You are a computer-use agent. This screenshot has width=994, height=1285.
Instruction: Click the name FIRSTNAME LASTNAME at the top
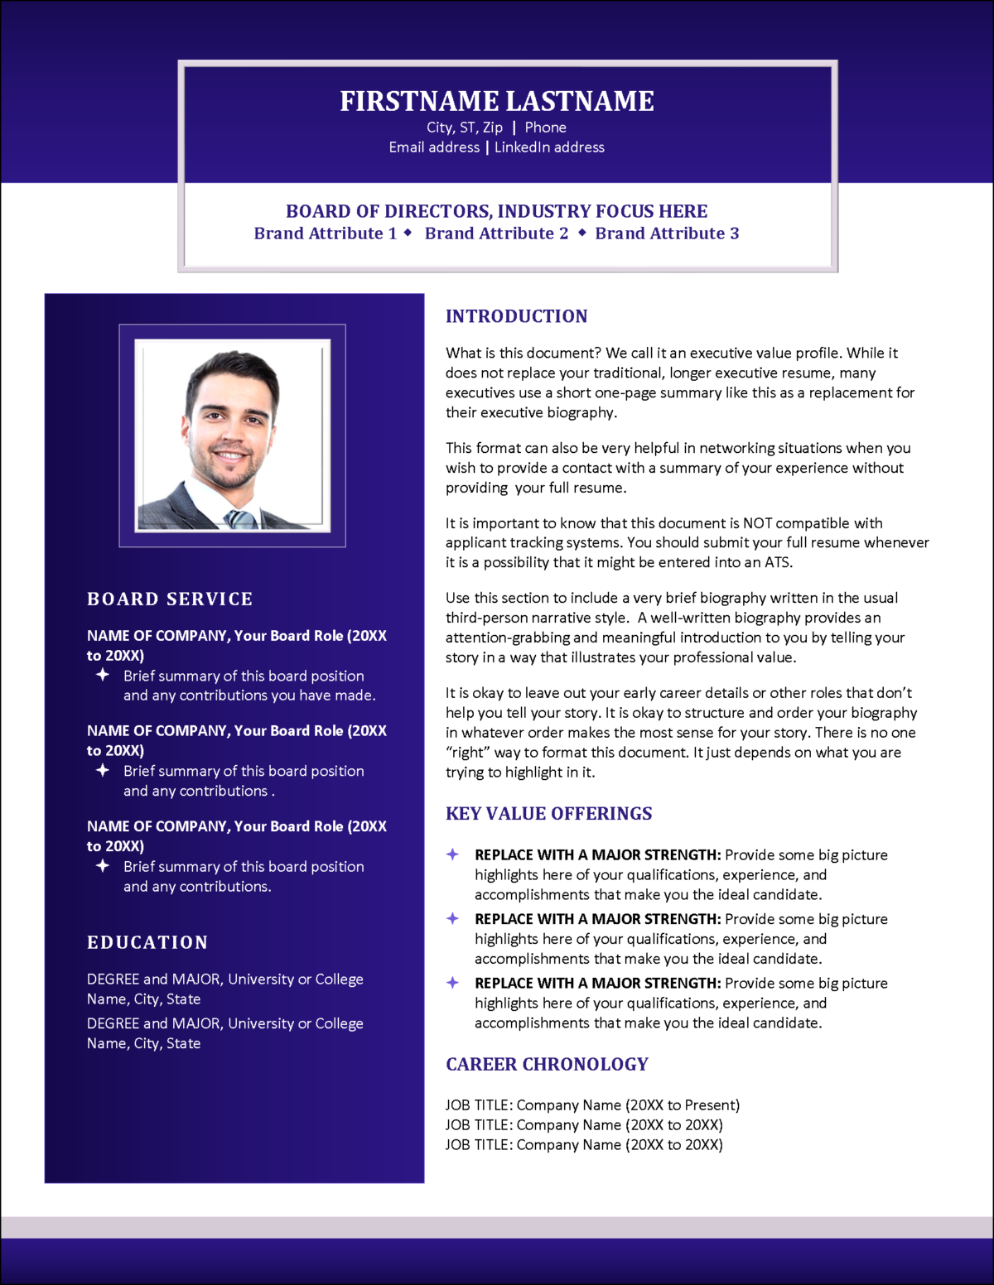point(497,101)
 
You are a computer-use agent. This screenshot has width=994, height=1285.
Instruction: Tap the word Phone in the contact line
point(545,128)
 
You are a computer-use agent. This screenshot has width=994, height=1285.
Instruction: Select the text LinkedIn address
point(549,147)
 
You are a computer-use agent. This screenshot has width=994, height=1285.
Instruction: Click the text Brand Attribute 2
point(496,233)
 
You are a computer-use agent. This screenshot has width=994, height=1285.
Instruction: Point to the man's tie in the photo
point(241,520)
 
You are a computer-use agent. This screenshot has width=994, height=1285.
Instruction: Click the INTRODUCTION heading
point(516,316)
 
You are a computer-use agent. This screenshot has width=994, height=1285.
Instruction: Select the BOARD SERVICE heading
point(170,599)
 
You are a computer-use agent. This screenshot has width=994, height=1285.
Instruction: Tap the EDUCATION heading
point(147,942)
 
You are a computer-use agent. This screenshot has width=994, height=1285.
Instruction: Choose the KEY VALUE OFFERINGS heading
point(548,814)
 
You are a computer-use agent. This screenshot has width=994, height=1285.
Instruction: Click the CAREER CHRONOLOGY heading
point(547,1064)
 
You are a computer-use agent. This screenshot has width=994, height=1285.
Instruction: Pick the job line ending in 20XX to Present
point(592,1105)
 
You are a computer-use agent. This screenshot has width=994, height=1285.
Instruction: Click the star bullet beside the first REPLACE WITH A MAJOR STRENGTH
point(452,854)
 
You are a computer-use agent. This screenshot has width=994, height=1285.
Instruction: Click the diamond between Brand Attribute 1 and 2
point(408,233)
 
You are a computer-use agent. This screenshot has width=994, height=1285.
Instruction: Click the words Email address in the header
point(434,147)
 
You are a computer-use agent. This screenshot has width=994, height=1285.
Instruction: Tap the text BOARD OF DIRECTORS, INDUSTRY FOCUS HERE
point(497,211)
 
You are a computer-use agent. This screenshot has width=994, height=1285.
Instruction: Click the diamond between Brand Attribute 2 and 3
point(582,233)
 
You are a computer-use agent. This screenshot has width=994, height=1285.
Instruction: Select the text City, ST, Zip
point(465,128)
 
